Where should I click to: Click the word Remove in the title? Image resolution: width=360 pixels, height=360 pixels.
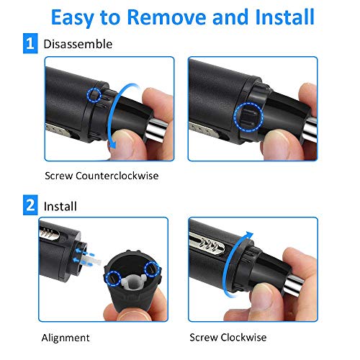point(166,17)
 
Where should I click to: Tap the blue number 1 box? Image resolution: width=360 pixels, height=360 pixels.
point(30,43)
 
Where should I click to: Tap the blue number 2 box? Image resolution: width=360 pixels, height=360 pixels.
point(30,205)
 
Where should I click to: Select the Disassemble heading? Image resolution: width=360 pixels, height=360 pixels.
point(78,44)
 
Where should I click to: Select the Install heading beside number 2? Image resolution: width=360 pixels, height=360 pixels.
point(60,207)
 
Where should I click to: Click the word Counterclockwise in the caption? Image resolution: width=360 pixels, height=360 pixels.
point(117,176)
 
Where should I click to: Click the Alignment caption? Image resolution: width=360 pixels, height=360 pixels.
point(66,338)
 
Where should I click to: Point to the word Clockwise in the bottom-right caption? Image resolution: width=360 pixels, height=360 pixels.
point(243,338)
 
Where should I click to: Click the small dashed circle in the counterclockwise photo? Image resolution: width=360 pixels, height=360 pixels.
point(94,95)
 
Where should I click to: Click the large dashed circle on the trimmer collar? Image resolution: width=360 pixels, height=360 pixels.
point(248,117)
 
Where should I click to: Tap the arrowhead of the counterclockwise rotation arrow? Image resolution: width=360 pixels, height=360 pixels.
point(112,144)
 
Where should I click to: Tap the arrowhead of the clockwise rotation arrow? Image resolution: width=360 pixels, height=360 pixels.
point(250,235)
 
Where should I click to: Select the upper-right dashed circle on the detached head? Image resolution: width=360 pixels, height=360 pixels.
point(152,269)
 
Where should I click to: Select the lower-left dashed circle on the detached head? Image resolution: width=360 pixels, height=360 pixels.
point(113,279)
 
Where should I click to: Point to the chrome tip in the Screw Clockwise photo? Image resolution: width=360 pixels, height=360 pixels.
point(294,284)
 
